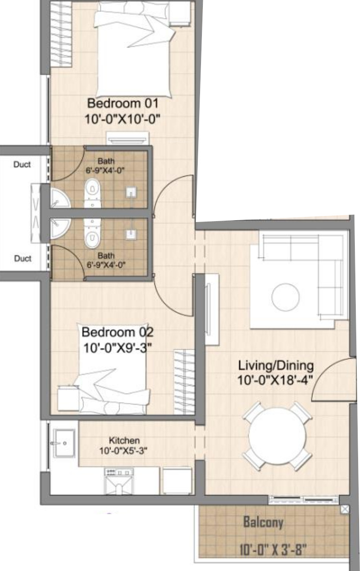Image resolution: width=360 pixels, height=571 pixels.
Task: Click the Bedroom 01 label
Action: click(x=123, y=103)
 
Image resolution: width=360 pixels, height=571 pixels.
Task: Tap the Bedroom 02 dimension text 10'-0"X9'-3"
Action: click(x=118, y=348)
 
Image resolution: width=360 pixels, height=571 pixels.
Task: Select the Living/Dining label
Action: click(x=276, y=366)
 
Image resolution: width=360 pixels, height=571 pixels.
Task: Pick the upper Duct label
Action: click(x=22, y=164)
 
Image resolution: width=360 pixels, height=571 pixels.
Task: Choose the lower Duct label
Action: click(x=23, y=258)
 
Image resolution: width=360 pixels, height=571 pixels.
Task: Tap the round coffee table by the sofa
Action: click(x=285, y=297)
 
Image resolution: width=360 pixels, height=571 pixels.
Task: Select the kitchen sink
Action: click(x=64, y=443)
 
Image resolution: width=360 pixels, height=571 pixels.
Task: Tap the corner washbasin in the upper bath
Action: click(x=60, y=198)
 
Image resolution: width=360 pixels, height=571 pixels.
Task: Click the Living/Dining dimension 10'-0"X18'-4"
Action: click(x=275, y=380)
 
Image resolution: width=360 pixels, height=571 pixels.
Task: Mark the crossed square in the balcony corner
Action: click(x=345, y=509)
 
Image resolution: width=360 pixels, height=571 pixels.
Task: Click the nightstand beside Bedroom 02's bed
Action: click(x=68, y=398)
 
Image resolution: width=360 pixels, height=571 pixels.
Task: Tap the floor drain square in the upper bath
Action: click(x=131, y=192)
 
